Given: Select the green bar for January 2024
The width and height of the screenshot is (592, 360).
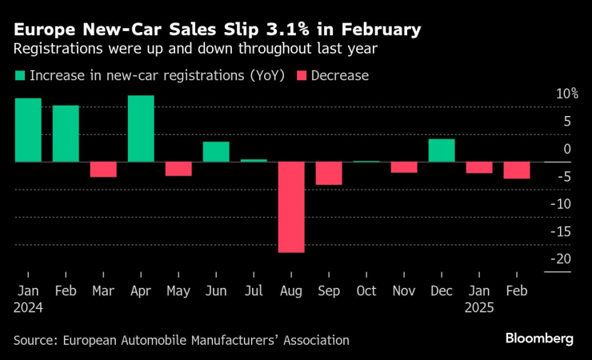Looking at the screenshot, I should click(28, 130).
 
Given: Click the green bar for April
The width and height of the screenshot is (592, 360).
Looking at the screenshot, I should click(141, 128).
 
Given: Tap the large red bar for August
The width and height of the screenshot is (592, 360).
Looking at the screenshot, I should click(291, 207).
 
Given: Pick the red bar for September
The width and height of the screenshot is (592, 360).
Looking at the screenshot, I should click(329, 174).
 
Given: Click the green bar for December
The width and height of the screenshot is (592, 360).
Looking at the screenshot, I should click(442, 150).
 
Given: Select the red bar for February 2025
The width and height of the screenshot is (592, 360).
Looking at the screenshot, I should click(517, 170).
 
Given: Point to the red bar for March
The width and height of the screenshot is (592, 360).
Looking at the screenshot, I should click(103, 170).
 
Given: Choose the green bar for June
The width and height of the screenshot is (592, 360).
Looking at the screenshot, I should click(216, 152).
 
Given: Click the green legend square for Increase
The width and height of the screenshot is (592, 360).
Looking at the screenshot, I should click(20, 76).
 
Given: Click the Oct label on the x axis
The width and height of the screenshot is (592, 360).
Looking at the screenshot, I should click(366, 291).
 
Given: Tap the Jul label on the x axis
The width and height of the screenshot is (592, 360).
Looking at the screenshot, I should click(254, 291).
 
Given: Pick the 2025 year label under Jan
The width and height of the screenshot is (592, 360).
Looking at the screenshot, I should click(479, 307).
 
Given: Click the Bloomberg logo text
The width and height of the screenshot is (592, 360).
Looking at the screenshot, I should click(539, 339).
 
